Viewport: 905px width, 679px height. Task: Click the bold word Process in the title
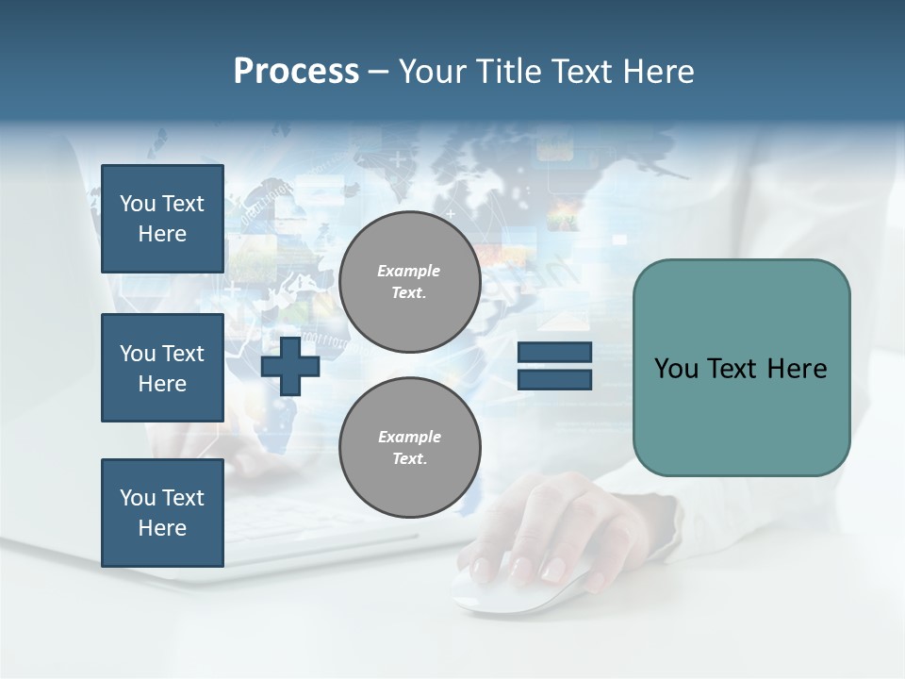(296, 72)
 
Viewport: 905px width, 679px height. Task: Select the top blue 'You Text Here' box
(162, 219)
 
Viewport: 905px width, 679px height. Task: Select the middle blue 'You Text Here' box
(162, 368)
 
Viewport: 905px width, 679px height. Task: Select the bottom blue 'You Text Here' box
(162, 513)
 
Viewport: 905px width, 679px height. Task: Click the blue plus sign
(290, 365)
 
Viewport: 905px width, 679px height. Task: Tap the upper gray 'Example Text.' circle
(410, 282)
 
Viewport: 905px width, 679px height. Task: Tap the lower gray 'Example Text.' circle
(410, 448)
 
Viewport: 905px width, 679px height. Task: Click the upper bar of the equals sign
(554, 353)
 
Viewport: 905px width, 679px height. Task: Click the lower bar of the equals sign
(554, 379)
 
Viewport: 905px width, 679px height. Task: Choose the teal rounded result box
(741, 415)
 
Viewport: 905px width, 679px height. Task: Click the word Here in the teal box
(797, 369)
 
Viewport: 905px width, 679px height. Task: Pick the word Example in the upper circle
(409, 271)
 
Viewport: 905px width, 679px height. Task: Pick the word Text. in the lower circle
(409, 459)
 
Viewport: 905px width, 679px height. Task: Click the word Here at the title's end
(656, 72)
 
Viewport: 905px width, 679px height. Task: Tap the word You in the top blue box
(138, 204)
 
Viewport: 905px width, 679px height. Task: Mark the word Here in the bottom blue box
(162, 528)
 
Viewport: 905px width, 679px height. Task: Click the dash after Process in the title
(378, 72)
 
